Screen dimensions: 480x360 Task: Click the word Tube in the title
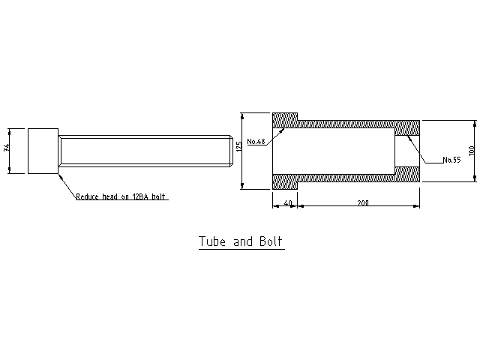click(212, 241)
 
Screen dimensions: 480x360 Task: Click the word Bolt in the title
click(271, 241)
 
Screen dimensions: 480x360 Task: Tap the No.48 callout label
click(256, 142)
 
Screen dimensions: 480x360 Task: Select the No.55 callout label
click(451, 160)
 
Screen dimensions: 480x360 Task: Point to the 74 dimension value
click(7, 147)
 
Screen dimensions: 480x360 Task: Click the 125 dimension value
click(239, 146)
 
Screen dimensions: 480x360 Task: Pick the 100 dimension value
click(472, 150)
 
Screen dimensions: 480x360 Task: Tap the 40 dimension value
click(288, 203)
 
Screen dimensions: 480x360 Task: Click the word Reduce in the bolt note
click(87, 196)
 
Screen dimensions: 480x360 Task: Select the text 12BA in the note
click(140, 196)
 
